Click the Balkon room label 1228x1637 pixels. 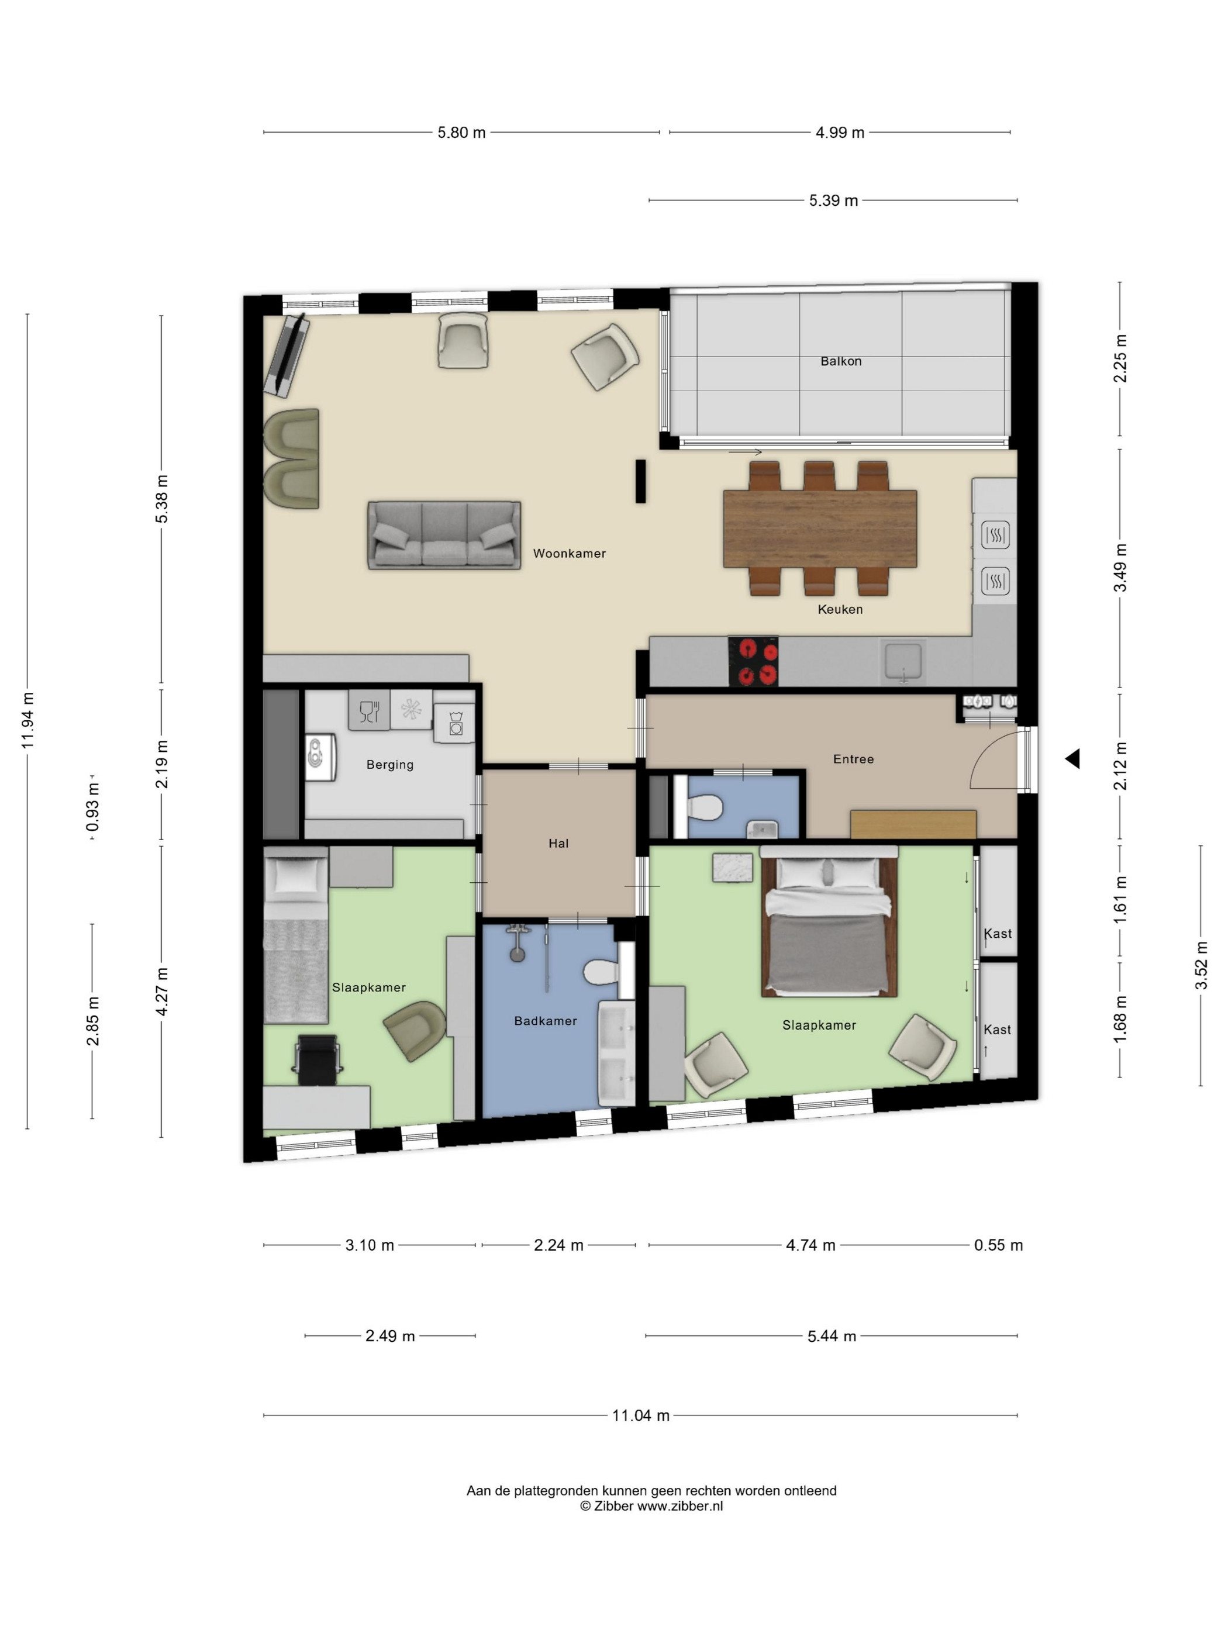[840, 361]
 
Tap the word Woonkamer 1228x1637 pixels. [569, 553]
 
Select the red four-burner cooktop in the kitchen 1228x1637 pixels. [753, 660]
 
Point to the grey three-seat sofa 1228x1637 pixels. [444, 535]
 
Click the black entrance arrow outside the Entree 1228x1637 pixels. [1072, 758]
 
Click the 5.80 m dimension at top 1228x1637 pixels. [461, 133]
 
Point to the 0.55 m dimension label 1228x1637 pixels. [998, 1245]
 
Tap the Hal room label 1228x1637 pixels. [558, 843]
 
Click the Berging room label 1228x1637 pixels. [389, 765]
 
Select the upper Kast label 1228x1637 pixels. [997, 933]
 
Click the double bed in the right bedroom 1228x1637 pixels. [829, 921]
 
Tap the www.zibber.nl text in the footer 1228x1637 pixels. [680, 1506]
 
